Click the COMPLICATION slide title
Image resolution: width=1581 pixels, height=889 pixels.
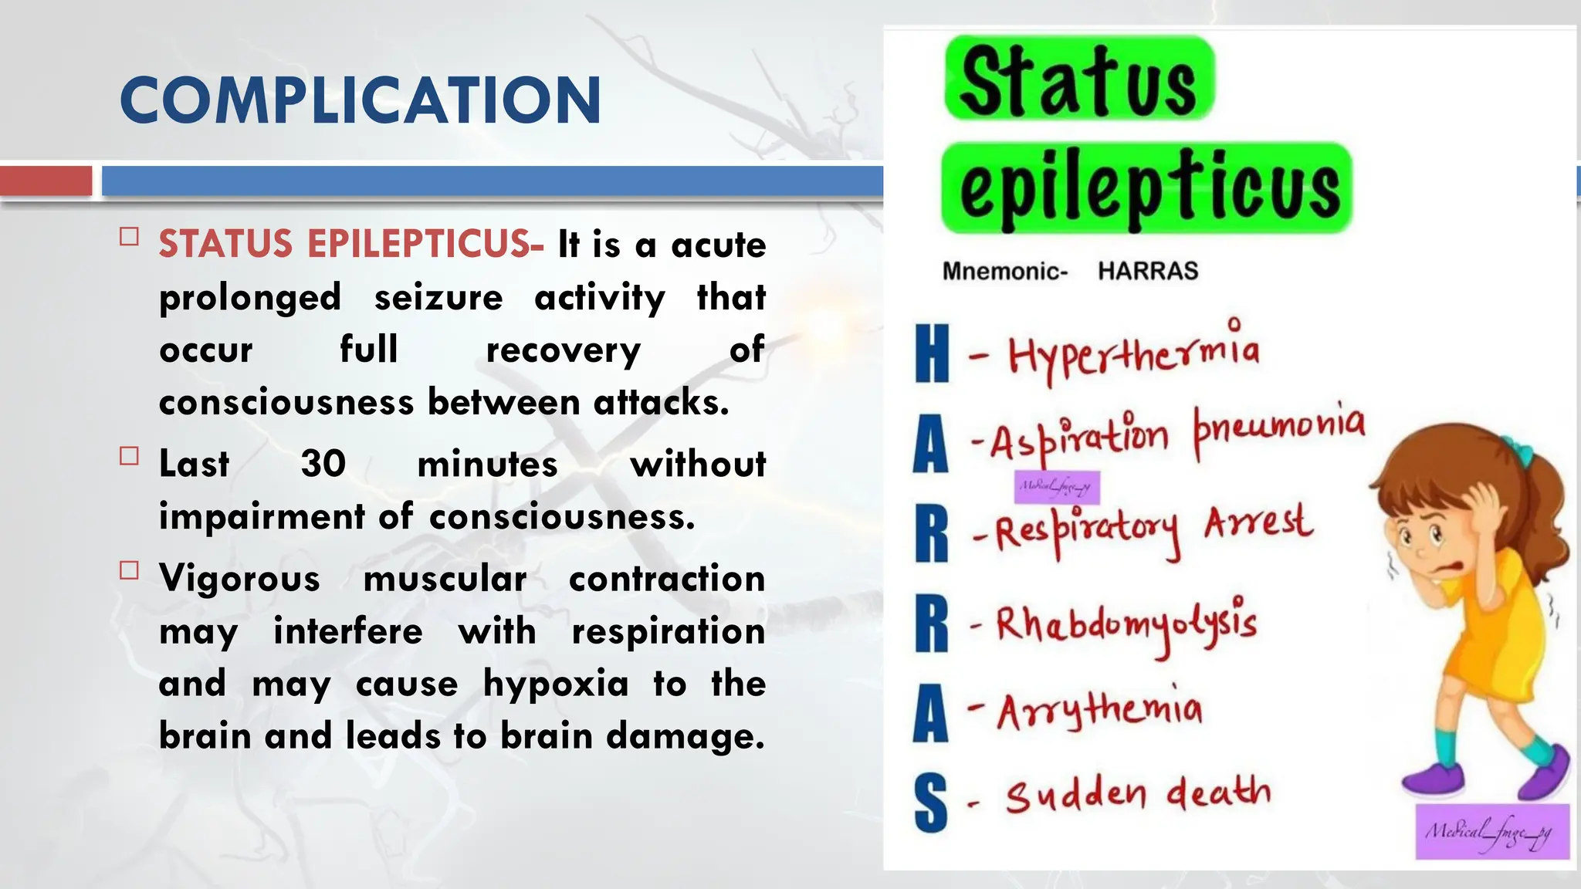tap(361, 100)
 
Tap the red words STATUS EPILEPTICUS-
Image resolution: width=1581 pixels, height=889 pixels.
tap(351, 244)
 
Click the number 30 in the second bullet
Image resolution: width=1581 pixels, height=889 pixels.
tap(323, 464)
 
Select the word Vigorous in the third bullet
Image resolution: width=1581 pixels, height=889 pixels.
tap(239, 579)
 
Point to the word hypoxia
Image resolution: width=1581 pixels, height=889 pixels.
tap(556, 684)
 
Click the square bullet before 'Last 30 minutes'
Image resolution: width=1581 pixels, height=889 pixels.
tap(129, 456)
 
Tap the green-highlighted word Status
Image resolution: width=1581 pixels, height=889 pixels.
tap(1078, 79)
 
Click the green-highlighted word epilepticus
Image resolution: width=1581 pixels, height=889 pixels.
tap(1148, 189)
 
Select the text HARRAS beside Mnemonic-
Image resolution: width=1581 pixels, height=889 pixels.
tap(1148, 271)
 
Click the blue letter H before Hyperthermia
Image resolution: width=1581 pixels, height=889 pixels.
tap(932, 353)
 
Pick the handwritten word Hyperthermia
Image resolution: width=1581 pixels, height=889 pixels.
tap(1133, 353)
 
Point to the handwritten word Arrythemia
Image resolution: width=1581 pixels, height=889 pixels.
tap(1099, 710)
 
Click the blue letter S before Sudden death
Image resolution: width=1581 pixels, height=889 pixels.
tap(930, 803)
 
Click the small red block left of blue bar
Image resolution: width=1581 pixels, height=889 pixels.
tap(46, 181)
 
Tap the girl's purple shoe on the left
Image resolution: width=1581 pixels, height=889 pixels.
tap(1434, 779)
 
